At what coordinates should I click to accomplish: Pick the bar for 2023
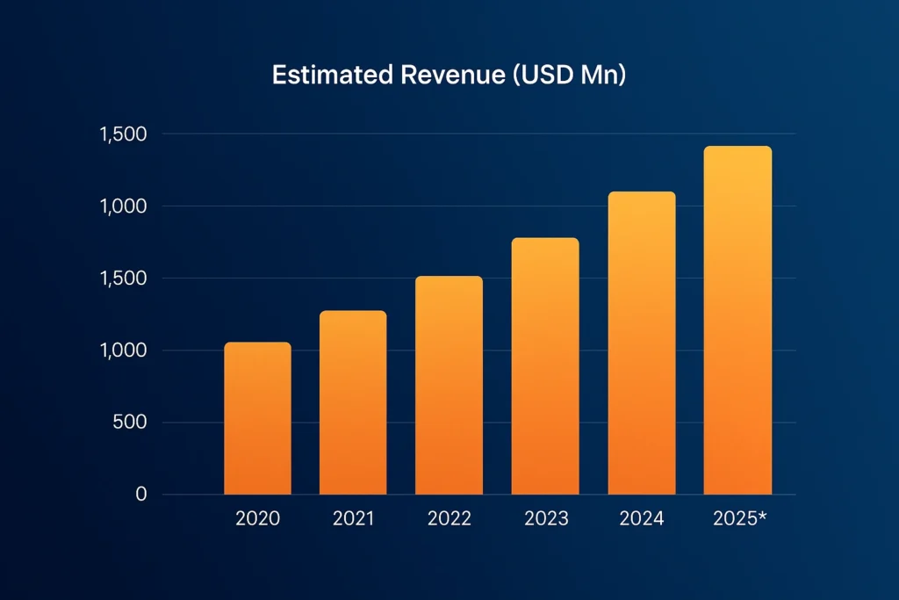click(x=545, y=366)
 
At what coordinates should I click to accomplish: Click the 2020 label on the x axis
click(x=257, y=518)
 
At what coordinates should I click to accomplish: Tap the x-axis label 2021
click(x=353, y=518)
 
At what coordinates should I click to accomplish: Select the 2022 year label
click(x=449, y=518)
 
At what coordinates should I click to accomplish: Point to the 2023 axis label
click(x=546, y=518)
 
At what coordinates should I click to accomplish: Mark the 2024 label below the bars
click(x=642, y=518)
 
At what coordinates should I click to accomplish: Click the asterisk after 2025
click(x=762, y=516)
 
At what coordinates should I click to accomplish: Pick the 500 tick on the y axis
click(x=130, y=423)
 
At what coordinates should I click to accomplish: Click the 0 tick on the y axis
click(x=140, y=495)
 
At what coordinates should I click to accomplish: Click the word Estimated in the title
click(x=332, y=76)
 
